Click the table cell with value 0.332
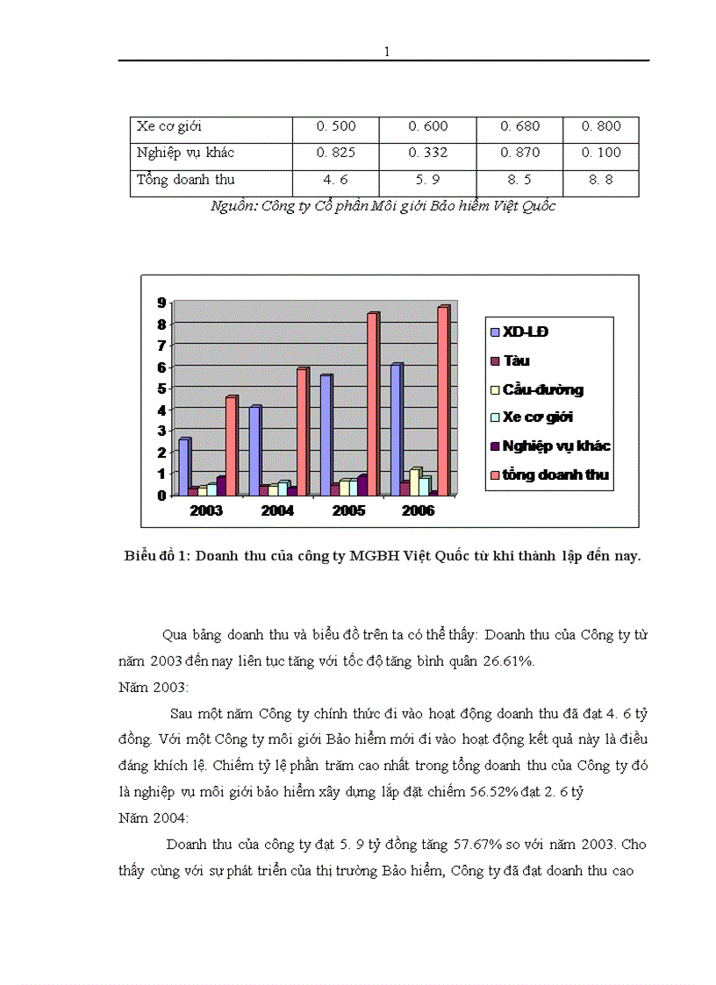(428, 153)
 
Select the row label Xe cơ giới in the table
(170, 126)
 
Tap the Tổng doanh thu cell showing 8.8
(601, 180)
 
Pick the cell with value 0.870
(520, 153)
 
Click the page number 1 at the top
(386, 51)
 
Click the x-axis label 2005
(347, 510)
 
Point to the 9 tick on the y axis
(161, 303)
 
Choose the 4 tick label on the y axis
(161, 410)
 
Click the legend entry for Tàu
(517, 360)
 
